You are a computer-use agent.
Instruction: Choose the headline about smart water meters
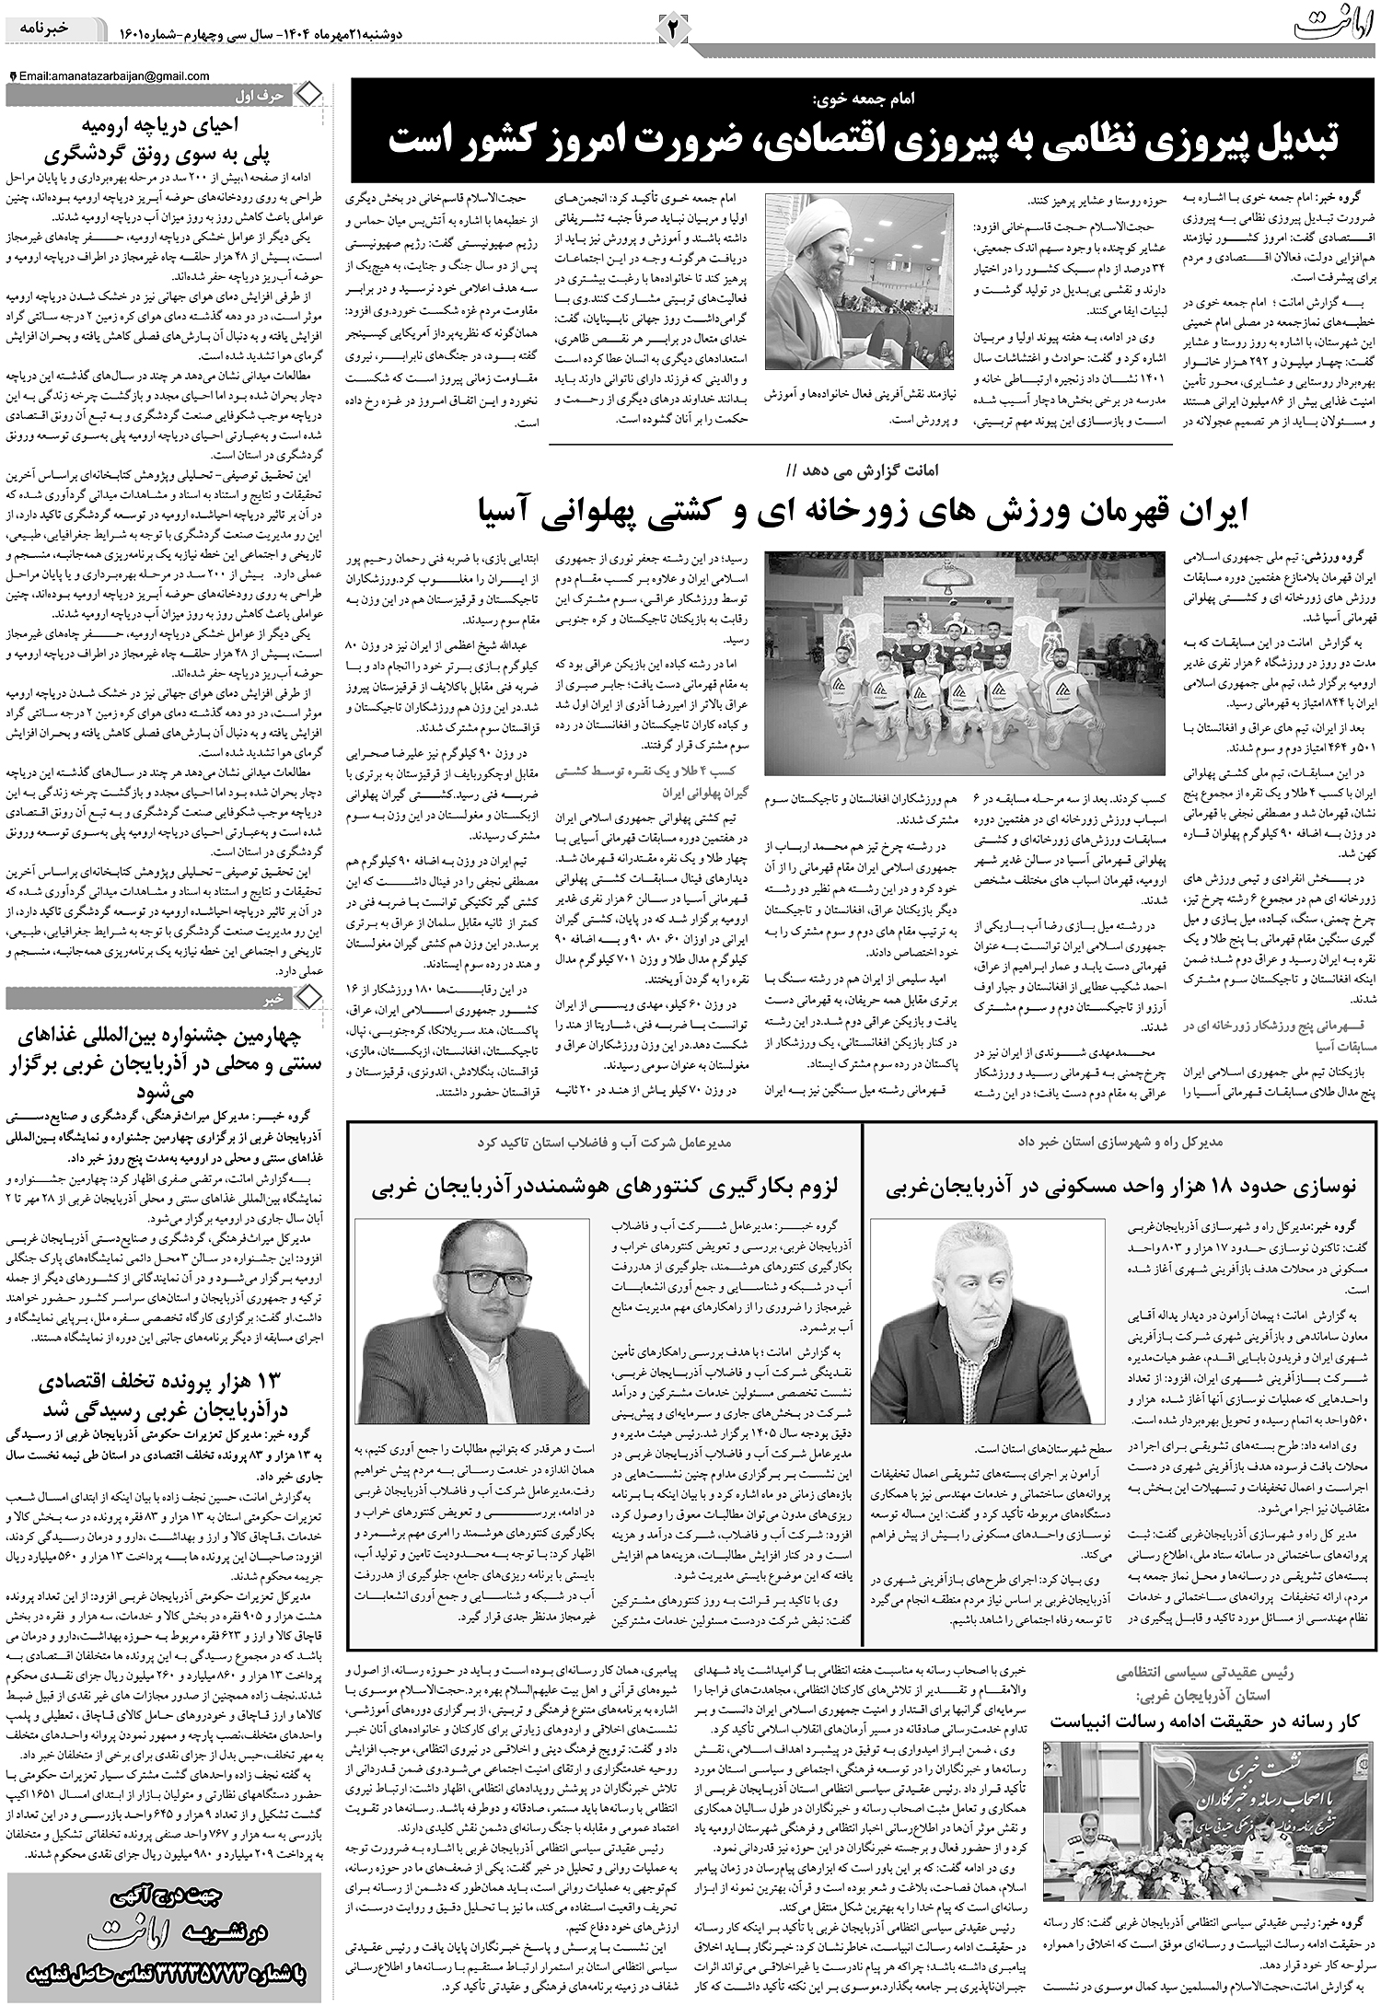pos(607,1187)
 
